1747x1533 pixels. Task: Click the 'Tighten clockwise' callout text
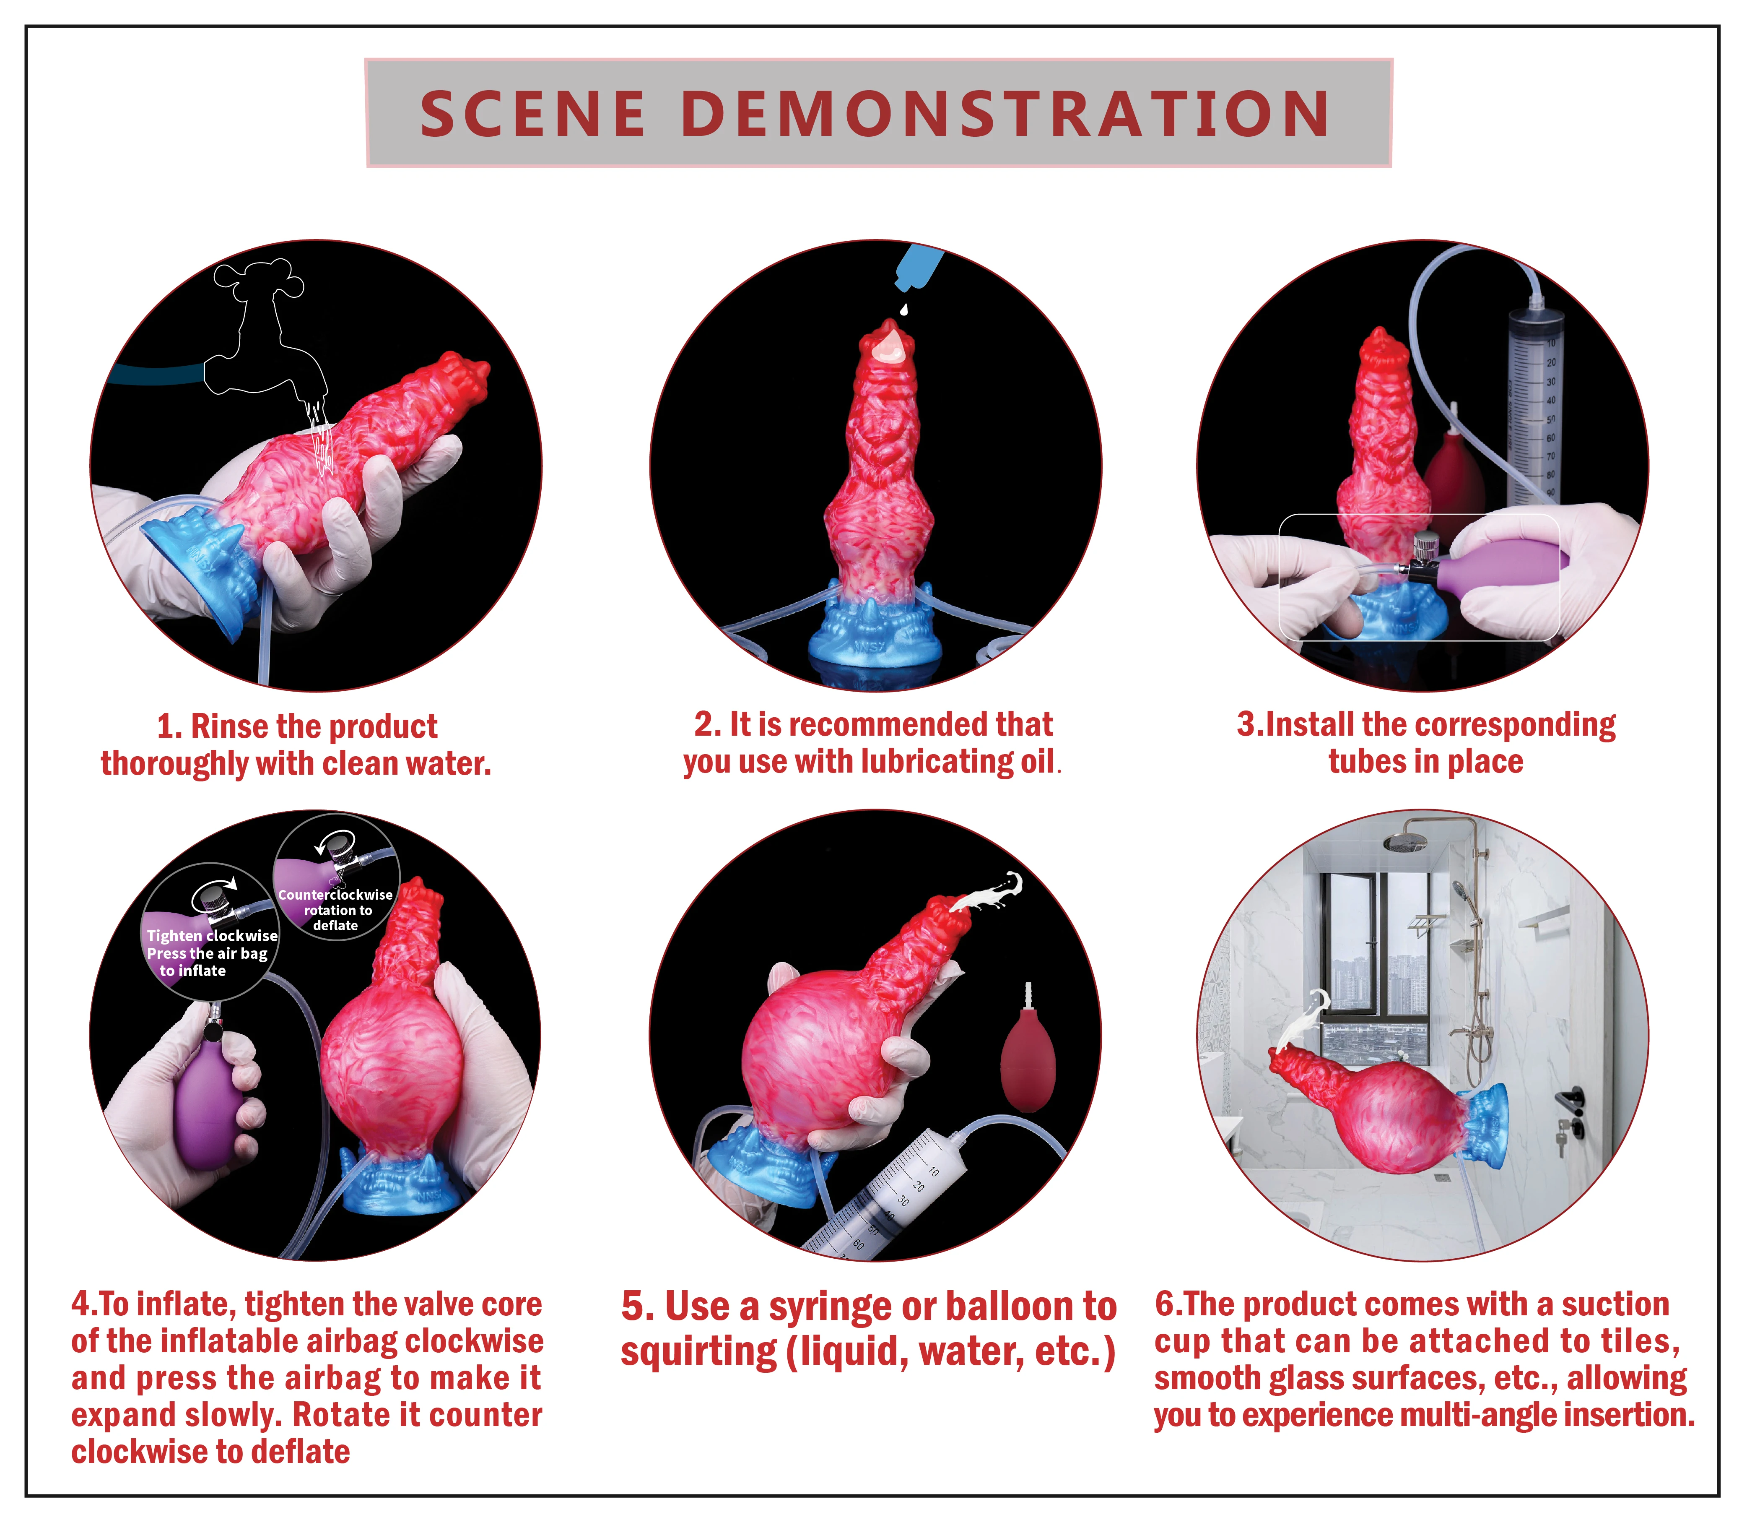pyautogui.click(x=212, y=935)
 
